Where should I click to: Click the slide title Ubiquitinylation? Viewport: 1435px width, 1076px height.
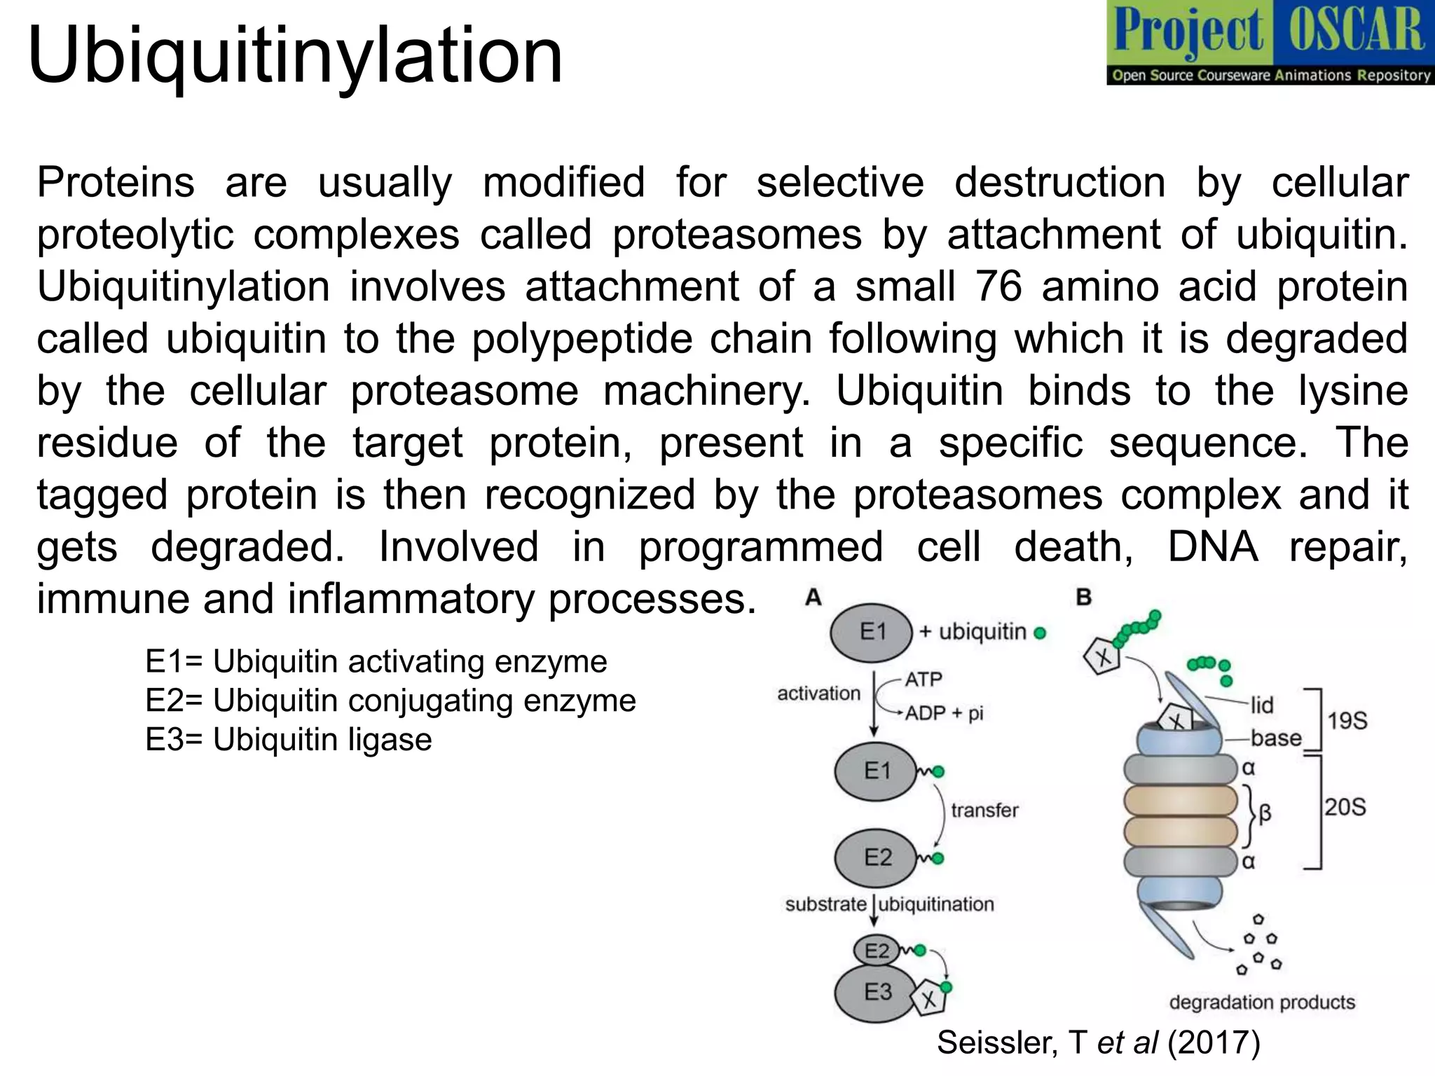[x=295, y=56]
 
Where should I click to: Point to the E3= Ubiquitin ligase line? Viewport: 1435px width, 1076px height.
[x=289, y=740]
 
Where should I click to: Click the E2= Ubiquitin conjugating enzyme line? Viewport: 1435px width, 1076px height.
[x=390, y=701]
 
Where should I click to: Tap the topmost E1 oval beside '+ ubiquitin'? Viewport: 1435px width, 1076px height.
[x=871, y=633]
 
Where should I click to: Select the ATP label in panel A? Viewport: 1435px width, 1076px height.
[x=924, y=680]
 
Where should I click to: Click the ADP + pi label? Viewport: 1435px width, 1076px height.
[x=945, y=713]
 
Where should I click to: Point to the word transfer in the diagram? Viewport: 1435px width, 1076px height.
[x=984, y=811]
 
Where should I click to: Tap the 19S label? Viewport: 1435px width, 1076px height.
[x=1347, y=721]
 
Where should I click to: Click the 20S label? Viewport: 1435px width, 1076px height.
[x=1345, y=807]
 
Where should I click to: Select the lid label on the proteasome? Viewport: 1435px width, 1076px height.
[x=1262, y=705]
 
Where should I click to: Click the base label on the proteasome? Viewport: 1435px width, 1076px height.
[x=1276, y=738]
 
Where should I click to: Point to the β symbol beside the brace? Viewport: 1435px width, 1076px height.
[x=1265, y=813]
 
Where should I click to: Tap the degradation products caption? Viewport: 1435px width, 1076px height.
[x=1262, y=1002]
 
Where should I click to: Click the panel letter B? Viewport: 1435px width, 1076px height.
[x=1083, y=598]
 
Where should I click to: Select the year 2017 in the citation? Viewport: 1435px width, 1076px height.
[x=1214, y=1043]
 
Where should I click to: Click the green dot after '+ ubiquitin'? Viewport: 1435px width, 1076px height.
[x=1040, y=633]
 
